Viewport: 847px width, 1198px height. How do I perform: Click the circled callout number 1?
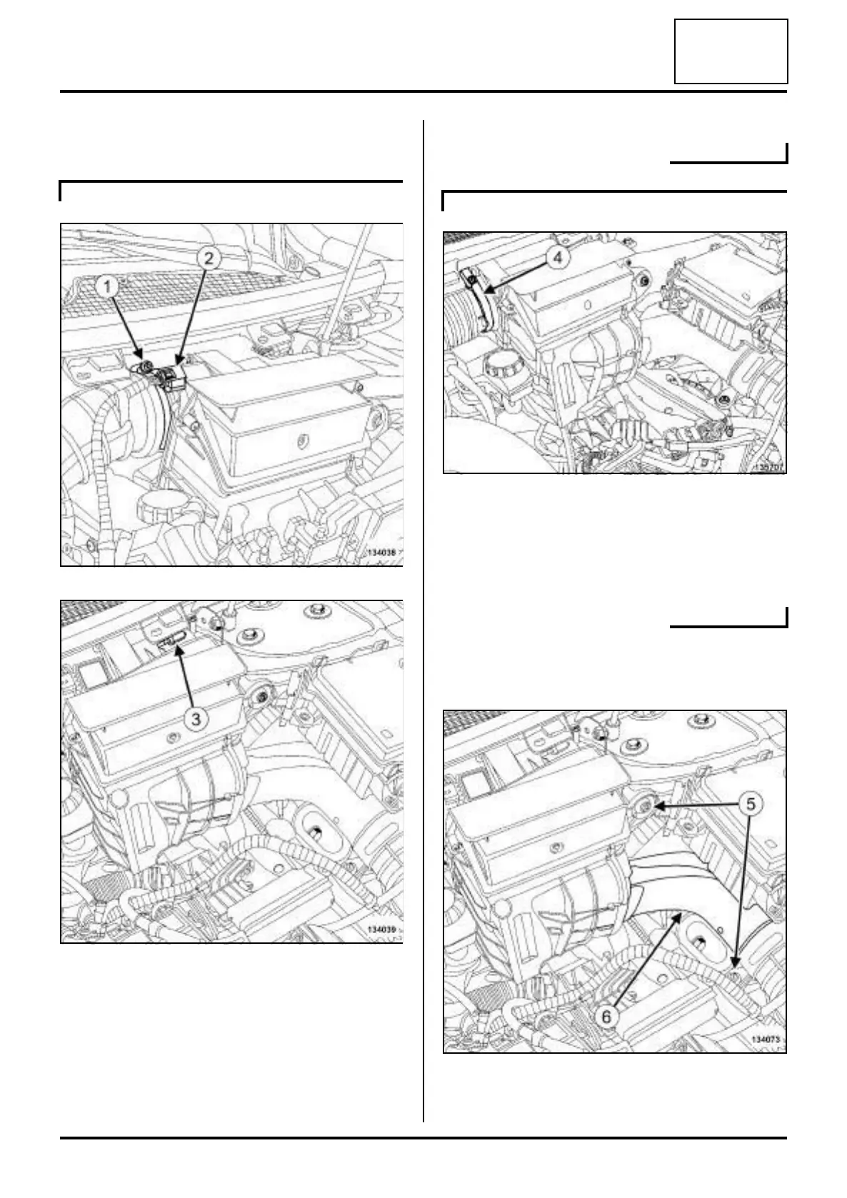coord(108,288)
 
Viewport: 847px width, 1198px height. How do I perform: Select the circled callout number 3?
coord(197,719)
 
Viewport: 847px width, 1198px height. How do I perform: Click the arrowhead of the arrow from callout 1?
coord(142,366)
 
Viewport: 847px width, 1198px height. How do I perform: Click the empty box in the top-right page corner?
coord(731,51)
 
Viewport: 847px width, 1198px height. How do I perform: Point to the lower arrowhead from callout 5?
coord(736,971)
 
